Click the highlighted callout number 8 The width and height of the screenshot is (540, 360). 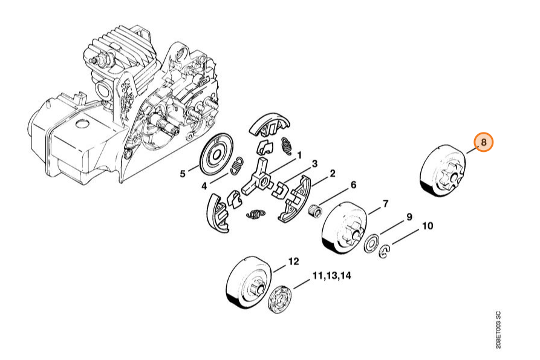click(484, 142)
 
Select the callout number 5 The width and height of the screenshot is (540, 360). click(183, 174)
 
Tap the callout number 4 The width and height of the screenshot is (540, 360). click(204, 186)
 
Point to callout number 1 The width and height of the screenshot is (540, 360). click(299, 155)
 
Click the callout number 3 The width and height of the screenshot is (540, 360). click(314, 164)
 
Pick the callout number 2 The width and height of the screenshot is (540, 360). click(333, 173)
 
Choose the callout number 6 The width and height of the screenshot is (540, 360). click(354, 185)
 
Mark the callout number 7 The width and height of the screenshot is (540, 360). click(385, 204)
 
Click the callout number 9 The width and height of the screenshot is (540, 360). click(409, 217)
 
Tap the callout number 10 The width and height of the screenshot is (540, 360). click(428, 226)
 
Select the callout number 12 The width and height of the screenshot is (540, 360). click(293, 262)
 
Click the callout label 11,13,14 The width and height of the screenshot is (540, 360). click(331, 276)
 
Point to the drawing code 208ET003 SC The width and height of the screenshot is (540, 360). click(498, 330)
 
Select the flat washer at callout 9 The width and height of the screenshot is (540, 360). click(371, 244)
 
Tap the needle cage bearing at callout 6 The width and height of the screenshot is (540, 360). click(317, 209)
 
